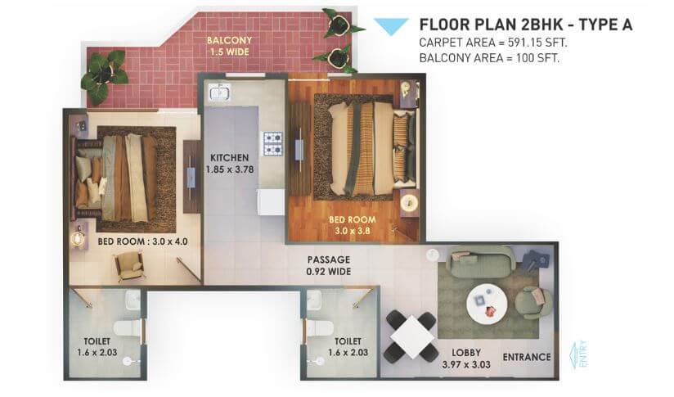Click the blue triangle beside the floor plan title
point(391,25)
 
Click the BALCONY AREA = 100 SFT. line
point(488,58)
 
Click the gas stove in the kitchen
point(272,143)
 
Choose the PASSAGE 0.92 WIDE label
point(326,264)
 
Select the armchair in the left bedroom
point(131,264)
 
